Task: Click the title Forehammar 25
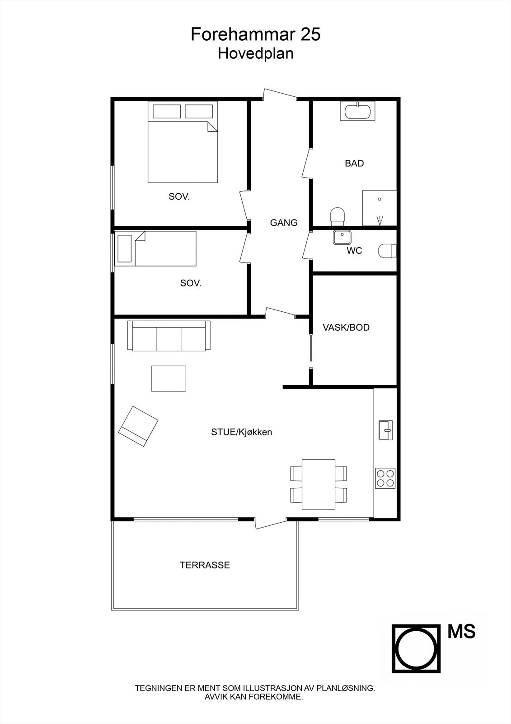click(255, 34)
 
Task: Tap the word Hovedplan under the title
click(255, 53)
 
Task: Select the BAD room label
click(354, 163)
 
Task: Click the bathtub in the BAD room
click(357, 111)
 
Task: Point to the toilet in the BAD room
click(338, 215)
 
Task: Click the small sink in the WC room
click(342, 237)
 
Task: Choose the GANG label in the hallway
click(284, 223)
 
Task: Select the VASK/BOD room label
click(346, 328)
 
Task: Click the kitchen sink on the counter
click(386, 430)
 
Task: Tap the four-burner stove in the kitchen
click(385, 478)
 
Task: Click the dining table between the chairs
click(319, 484)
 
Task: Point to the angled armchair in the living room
click(138, 426)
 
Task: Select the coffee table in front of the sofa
click(169, 378)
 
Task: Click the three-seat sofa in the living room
click(169, 336)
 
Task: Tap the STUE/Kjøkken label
click(241, 432)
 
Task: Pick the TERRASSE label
click(205, 565)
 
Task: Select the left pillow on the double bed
click(167, 111)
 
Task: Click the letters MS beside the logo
click(461, 632)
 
